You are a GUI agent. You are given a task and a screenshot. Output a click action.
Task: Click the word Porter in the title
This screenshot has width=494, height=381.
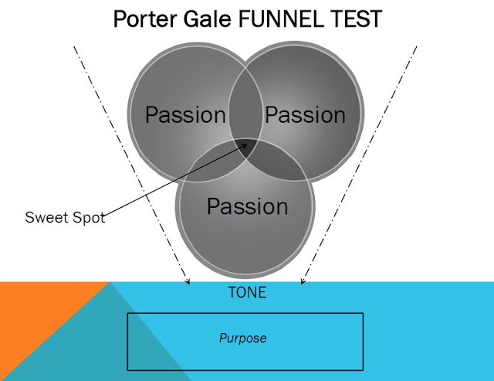click(145, 19)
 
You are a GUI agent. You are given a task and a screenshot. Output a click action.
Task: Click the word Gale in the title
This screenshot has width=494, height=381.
click(208, 19)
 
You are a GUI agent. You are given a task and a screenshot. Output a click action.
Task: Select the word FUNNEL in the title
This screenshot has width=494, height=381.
click(281, 19)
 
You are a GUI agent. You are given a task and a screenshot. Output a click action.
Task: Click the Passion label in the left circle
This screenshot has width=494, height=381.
click(185, 115)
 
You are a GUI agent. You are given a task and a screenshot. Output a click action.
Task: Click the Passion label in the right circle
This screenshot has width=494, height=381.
click(305, 115)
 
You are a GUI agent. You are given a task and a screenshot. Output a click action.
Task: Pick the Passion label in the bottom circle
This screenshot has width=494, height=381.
click(247, 206)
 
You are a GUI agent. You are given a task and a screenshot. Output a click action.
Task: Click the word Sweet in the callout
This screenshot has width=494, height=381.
click(46, 217)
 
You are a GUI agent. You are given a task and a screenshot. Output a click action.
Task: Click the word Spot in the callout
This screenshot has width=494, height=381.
click(89, 218)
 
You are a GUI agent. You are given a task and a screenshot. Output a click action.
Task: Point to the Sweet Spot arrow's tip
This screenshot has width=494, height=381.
click(247, 145)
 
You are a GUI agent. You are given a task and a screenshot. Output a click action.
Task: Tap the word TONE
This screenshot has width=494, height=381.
click(247, 292)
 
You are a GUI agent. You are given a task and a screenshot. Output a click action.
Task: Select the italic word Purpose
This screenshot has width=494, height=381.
click(242, 338)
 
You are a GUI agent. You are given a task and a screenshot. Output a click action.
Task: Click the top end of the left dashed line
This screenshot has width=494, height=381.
click(74, 46)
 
